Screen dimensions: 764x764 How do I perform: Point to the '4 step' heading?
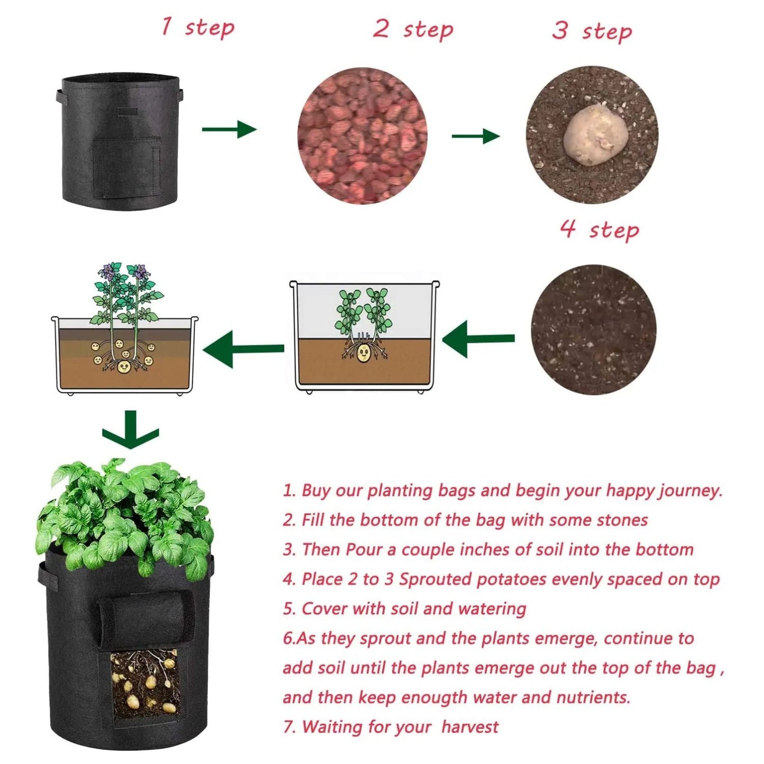[600, 229]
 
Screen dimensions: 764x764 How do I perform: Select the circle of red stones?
[362, 135]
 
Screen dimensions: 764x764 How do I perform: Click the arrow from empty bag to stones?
[229, 129]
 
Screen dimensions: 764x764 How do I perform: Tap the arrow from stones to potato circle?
[475, 136]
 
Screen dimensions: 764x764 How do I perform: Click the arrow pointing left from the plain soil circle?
[477, 338]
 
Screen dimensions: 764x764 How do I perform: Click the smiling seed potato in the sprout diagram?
[363, 353]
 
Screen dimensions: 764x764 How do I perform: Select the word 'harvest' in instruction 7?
[470, 727]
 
